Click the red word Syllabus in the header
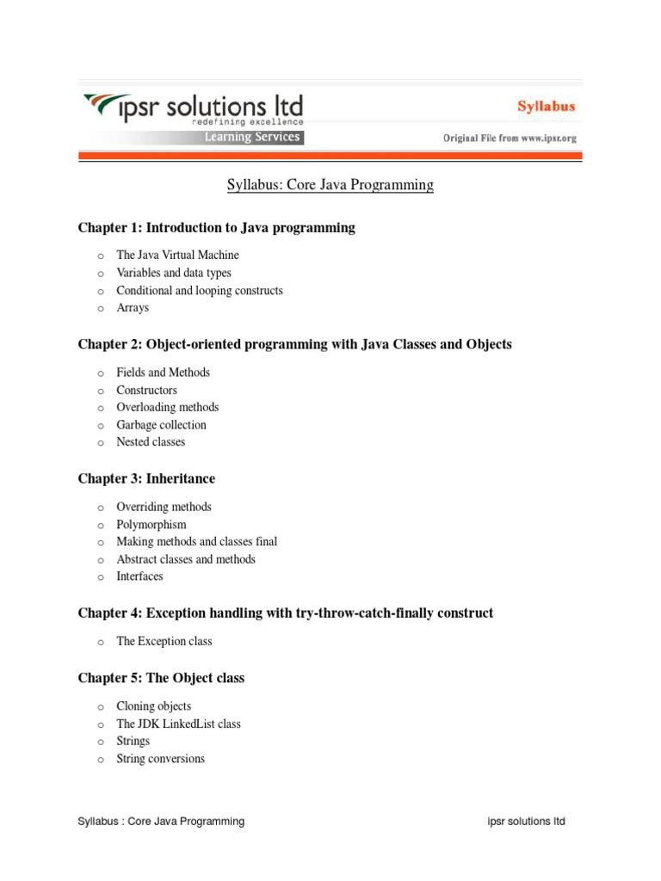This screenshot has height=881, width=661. click(547, 108)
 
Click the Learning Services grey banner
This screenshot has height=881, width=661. click(251, 137)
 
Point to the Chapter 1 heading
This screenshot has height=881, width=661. click(216, 228)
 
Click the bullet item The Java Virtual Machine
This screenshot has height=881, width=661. click(177, 256)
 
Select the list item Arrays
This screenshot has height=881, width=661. click(133, 308)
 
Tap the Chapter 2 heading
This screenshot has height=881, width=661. click(294, 344)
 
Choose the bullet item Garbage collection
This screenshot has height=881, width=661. click(161, 425)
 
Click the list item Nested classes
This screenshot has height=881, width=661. click(151, 442)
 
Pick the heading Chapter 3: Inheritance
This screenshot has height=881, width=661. click(146, 478)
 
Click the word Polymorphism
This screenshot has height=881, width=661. click(151, 525)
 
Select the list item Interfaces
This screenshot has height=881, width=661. click(139, 576)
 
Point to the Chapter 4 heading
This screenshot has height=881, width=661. click(286, 613)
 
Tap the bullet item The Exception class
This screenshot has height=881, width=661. click(164, 642)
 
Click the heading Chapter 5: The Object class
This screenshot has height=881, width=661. click(161, 678)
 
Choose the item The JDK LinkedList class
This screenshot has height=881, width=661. click(178, 724)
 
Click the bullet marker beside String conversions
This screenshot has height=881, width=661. click(101, 760)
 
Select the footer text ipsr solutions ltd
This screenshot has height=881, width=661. click(526, 822)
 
